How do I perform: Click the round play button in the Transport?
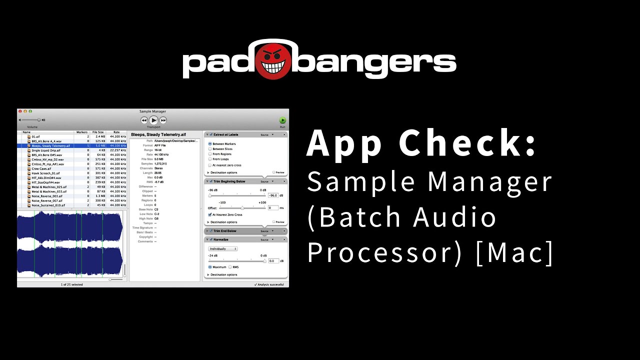point(153,120)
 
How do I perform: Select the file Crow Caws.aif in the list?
point(41,168)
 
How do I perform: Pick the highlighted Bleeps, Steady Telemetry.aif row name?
point(50,146)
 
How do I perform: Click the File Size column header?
point(98,132)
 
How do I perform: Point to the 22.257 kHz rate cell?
point(118,150)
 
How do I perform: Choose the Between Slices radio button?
point(210,149)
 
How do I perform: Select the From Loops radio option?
point(210,159)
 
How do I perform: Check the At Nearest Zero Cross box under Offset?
point(210,214)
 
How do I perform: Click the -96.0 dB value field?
point(273,195)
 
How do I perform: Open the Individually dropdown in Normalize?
point(222,248)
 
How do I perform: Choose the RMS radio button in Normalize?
point(230,267)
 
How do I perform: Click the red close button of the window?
point(20,111)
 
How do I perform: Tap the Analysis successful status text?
point(271,284)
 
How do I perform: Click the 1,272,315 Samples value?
point(160,163)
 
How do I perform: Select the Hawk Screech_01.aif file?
point(45,173)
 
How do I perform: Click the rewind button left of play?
point(144,120)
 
